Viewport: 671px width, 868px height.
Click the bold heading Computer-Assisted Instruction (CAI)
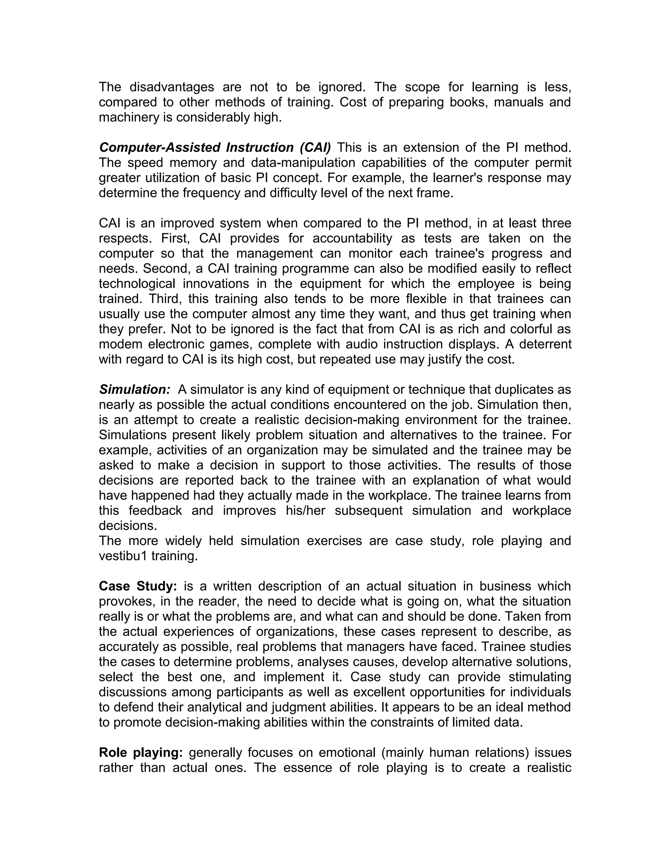tap(215, 147)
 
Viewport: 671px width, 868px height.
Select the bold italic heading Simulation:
tap(135, 389)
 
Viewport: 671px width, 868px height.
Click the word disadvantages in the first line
tap(172, 87)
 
